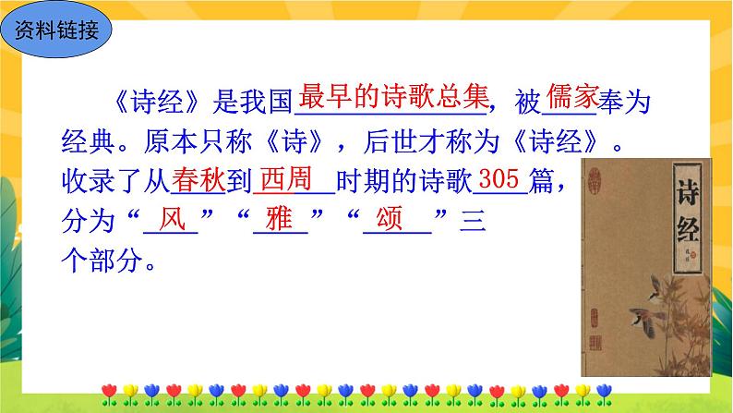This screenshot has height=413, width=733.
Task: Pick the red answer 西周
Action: (289, 178)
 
